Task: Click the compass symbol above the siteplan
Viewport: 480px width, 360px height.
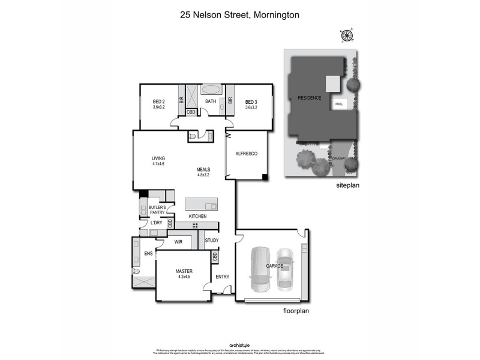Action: tap(347, 36)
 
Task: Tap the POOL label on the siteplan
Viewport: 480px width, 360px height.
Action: tap(339, 104)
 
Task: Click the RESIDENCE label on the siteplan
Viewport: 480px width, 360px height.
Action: tap(309, 98)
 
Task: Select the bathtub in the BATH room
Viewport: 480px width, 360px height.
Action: tap(210, 89)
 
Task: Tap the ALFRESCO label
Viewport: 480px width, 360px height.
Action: tap(246, 154)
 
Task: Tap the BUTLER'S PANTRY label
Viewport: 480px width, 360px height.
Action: tap(157, 209)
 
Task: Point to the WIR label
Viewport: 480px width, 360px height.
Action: tap(178, 241)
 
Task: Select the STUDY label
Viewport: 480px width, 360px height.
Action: tap(211, 241)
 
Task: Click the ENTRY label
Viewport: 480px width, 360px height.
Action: tap(223, 277)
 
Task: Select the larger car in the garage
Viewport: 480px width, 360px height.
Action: tap(262, 268)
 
